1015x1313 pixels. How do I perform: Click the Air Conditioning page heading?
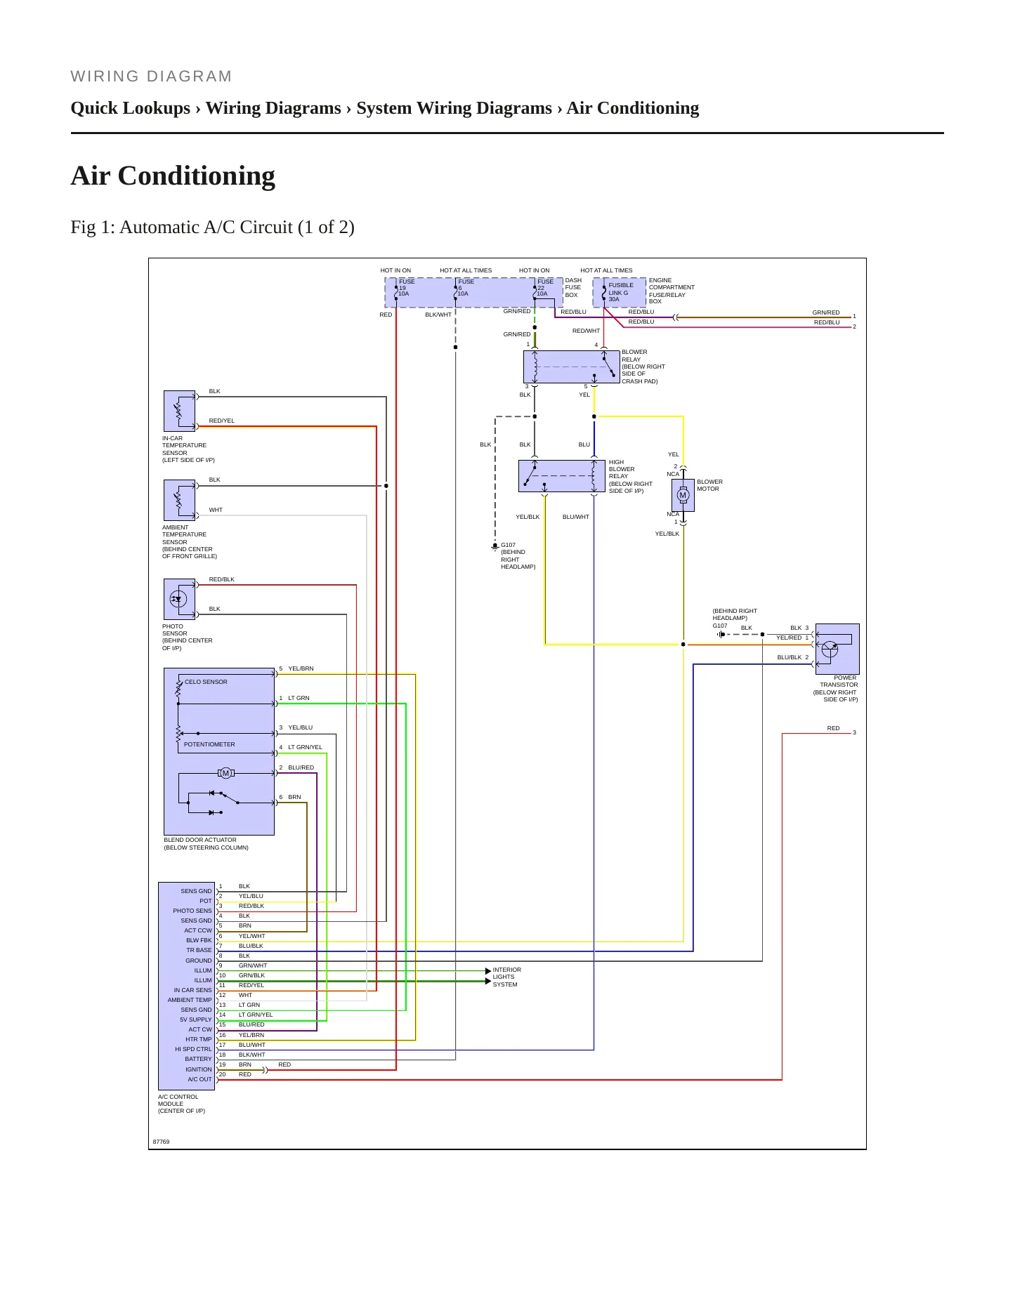(173, 176)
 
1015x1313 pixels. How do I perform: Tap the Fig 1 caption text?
(212, 227)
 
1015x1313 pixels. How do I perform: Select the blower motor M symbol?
(683, 495)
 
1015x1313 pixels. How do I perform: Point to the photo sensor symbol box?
(179, 600)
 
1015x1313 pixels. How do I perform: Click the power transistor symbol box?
(837, 649)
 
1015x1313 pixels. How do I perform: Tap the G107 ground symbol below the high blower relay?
(495, 547)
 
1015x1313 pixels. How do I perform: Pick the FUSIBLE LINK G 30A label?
(621, 292)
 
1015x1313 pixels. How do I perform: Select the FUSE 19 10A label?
(406, 288)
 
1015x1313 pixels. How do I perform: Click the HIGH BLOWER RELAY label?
(630, 477)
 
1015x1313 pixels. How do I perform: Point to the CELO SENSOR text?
(206, 682)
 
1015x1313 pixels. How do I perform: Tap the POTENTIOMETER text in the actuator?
(209, 744)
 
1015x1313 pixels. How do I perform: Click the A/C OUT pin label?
(199, 1079)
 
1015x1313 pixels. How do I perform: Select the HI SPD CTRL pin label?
(193, 1049)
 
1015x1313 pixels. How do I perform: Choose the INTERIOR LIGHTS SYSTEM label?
(506, 977)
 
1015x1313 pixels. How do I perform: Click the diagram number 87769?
(161, 1142)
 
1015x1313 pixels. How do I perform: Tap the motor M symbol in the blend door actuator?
(225, 773)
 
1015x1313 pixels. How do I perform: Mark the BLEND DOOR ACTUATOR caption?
(206, 843)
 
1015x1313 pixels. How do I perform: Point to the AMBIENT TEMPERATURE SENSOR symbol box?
(179, 500)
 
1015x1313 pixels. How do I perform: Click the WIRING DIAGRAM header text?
(151, 77)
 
